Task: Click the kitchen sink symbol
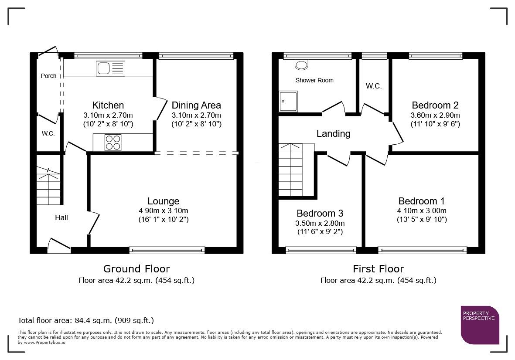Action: tap(111, 68)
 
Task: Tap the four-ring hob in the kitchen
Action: tap(113, 143)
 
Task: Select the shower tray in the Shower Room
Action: tap(288, 101)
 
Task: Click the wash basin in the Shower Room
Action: tap(301, 65)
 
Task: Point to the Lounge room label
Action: tap(163, 201)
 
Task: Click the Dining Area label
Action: tap(196, 105)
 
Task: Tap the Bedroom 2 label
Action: tap(435, 105)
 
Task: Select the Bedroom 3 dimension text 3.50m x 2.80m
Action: tap(320, 223)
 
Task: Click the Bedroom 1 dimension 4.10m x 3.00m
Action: tap(422, 211)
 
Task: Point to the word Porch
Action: tap(48, 76)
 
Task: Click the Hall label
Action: tap(61, 217)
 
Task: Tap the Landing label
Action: tap(333, 133)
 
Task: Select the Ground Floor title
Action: tap(136, 268)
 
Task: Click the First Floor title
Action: tap(378, 268)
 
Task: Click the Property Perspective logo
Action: tap(480, 325)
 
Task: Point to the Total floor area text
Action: tap(85, 320)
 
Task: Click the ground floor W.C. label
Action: tap(48, 133)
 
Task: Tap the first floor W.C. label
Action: tap(374, 86)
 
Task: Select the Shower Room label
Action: tap(314, 80)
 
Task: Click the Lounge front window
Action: tap(167, 250)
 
